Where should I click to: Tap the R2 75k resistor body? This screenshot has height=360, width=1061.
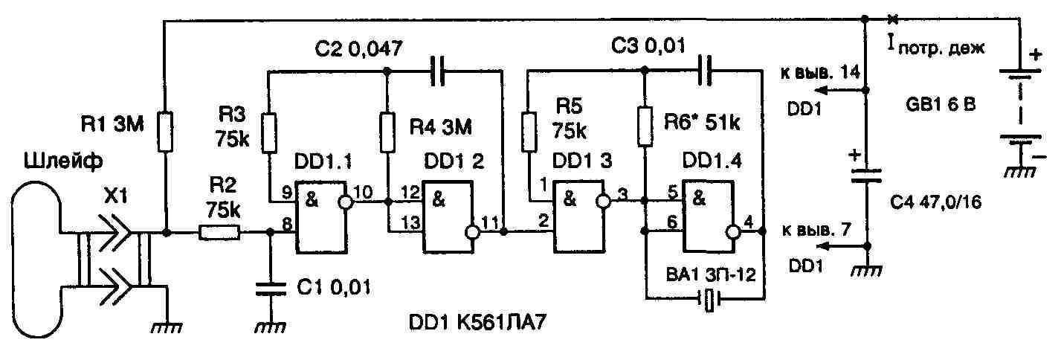[219, 234]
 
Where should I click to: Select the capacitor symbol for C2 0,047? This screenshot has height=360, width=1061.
[441, 72]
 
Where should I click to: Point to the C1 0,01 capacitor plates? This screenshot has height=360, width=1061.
[271, 289]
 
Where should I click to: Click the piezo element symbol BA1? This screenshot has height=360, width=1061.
[711, 300]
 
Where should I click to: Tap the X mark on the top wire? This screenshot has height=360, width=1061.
[892, 19]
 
